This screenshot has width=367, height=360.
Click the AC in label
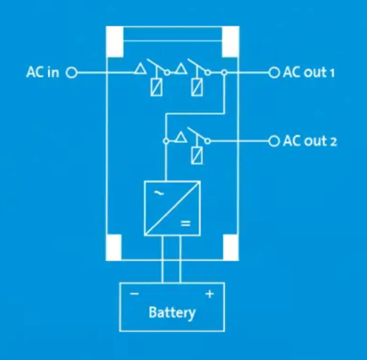pos(42,73)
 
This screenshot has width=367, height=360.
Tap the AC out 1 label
pos(309,73)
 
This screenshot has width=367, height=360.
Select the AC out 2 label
pos(310,141)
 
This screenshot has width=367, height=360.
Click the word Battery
pos(172,313)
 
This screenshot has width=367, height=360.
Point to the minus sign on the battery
pos(134,294)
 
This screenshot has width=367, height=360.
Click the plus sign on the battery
pos(209,295)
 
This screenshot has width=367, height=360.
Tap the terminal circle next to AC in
pos(72,73)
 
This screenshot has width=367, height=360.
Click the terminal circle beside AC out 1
pos(273,73)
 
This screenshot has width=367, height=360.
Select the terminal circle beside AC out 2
pos(273,141)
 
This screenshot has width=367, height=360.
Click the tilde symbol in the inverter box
pos(159,194)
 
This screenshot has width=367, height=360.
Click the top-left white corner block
pos(115,41)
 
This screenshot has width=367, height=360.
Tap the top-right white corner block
pos(230,41)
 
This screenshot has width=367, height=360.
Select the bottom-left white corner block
pos(115,247)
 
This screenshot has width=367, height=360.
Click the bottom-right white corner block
pos(230,247)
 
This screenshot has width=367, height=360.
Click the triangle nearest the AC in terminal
pos(139,70)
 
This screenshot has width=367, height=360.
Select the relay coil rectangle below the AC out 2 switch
pos(197,156)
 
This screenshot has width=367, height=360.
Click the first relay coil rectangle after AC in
pos(155,87)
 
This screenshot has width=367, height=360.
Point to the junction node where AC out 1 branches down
pos(224,73)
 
